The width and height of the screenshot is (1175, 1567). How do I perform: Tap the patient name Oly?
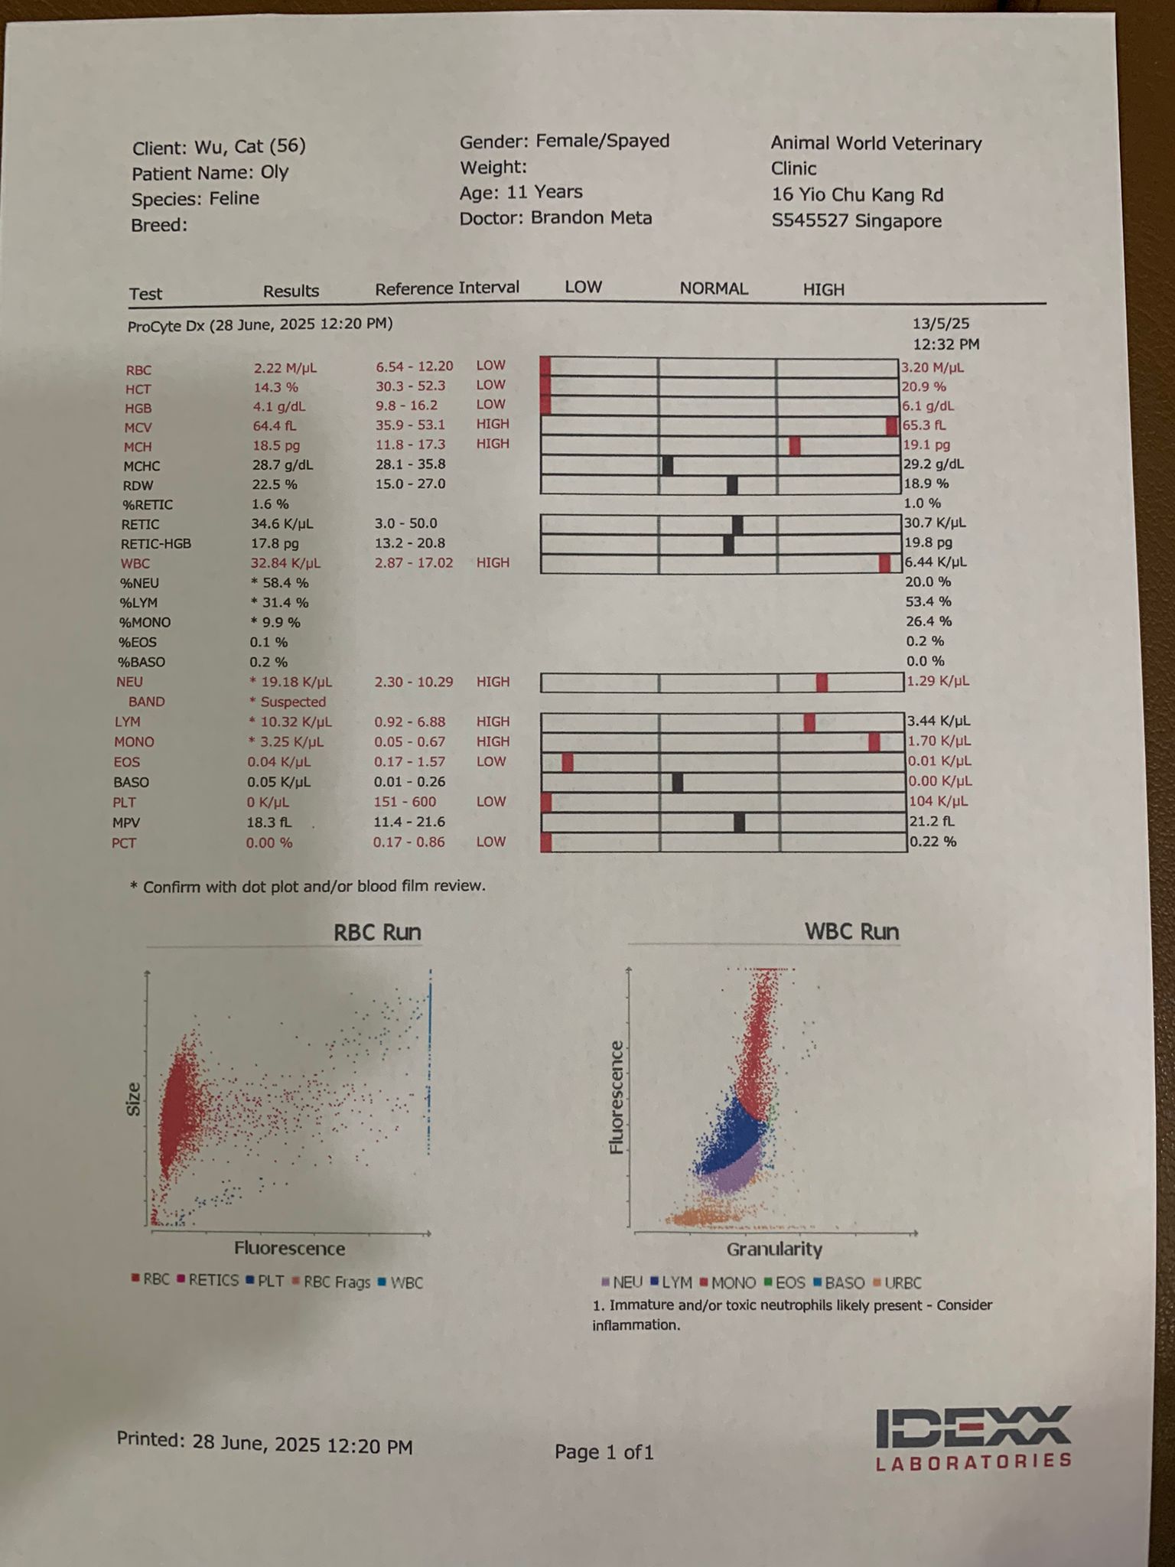pos(274,172)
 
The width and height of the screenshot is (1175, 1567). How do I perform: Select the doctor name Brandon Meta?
pos(591,218)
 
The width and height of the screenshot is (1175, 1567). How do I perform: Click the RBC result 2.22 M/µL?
pos(285,368)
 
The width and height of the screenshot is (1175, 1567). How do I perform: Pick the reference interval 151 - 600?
pos(405,802)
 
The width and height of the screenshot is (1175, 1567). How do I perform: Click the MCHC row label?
pos(142,466)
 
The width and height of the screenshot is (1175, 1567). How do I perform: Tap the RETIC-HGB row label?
pos(156,544)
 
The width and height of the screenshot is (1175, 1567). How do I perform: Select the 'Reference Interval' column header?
pos(447,288)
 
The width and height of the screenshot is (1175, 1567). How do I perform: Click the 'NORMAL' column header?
pos(714,288)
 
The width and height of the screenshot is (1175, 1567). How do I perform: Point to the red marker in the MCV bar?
pos(891,426)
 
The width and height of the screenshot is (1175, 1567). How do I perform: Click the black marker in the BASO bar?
pos(677,782)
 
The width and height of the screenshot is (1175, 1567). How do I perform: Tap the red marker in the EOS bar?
pos(568,762)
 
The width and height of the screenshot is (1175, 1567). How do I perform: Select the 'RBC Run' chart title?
pos(377,933)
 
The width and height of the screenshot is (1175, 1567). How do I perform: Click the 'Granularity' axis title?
pos(774,1249)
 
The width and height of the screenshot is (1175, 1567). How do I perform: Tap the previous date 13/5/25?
pos(941,324)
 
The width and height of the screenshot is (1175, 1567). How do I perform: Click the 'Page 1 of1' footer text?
pos(604,1452)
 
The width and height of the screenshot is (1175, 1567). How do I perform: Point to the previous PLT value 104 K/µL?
pos(938,802)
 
